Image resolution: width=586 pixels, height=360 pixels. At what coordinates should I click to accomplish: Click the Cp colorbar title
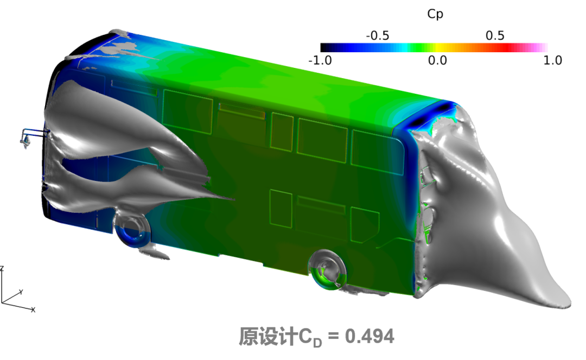435,14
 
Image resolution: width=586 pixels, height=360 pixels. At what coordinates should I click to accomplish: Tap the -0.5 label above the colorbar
378,36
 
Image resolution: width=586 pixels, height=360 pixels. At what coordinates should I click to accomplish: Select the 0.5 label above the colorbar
495,35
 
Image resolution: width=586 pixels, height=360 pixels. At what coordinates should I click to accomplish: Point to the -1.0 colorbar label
320,60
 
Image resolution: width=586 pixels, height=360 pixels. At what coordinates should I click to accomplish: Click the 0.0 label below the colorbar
437,60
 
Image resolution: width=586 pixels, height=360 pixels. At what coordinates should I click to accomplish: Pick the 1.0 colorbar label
553,60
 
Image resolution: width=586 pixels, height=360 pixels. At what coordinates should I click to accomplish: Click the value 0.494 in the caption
370,336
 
